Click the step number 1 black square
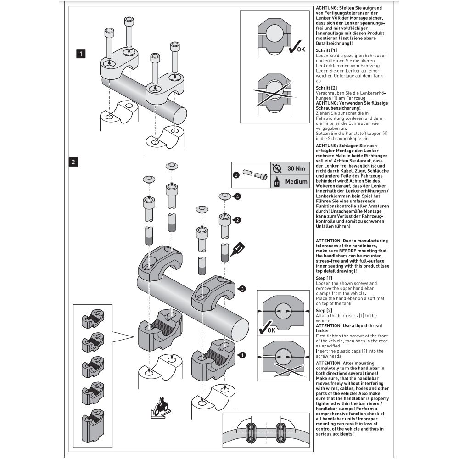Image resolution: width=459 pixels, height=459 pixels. [81, 54]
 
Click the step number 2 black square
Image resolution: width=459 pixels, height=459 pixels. [74, 162]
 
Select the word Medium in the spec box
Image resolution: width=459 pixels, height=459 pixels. [296, 181]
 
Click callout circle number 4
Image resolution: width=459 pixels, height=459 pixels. [237, 197]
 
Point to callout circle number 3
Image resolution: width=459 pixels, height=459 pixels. [242, 289]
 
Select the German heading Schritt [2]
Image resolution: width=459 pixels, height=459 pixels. [327, 87]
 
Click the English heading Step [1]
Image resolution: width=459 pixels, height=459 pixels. [324, 278]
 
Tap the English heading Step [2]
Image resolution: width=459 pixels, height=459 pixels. [324, 311]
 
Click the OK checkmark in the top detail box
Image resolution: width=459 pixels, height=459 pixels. [296, 47]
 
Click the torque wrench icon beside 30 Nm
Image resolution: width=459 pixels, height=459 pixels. [276, 168]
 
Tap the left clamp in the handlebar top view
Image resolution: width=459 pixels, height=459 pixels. [251, 431]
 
